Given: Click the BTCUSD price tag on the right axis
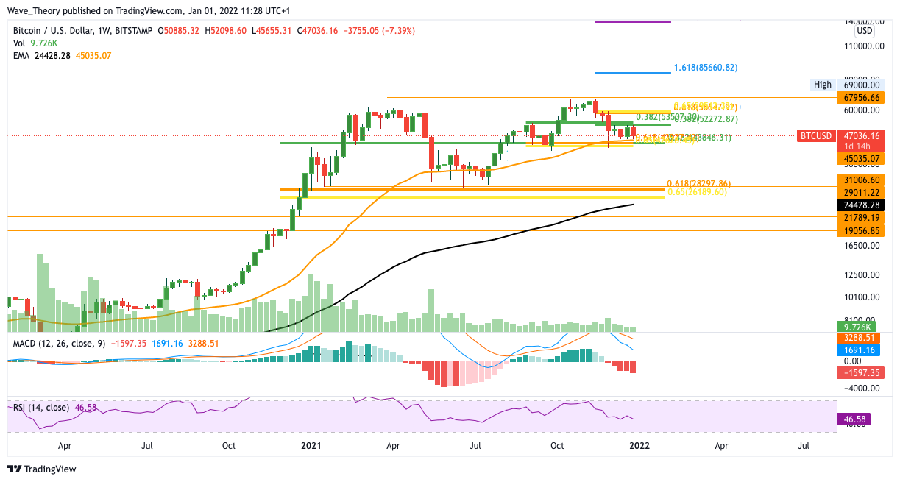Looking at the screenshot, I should [817, 136].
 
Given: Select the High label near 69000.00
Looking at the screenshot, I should [822, 85].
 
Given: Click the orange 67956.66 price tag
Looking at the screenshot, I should [864, 97].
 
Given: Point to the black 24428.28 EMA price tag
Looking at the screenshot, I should [864, 205].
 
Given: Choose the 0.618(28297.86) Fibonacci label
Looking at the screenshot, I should [698, 183].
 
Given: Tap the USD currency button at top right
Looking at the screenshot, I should [864, 31].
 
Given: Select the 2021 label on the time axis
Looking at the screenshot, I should [311, 445].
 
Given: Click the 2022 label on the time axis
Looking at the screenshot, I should [639, 445].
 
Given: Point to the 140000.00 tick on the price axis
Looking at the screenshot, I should [862, 22].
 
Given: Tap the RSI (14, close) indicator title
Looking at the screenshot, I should [41, 407].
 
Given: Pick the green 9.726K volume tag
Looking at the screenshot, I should [859, 326].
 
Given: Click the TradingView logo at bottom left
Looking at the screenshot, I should [43, 469].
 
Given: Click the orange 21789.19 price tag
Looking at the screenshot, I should [864, 217].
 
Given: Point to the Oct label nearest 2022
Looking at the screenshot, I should [557, 445].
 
